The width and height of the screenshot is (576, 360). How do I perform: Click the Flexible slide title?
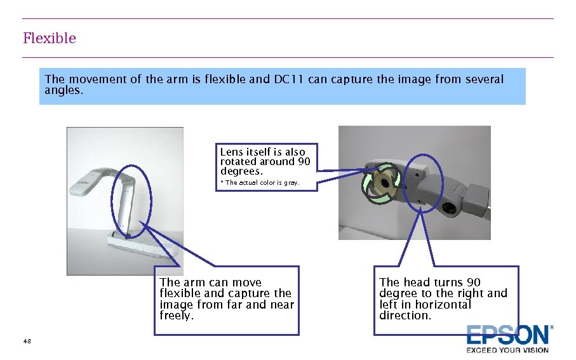click(50, 38)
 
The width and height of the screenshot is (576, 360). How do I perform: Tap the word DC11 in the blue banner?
click(288, 79)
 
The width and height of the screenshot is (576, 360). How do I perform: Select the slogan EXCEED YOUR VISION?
click(507, 350)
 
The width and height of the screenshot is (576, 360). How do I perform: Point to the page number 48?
click(27, 341)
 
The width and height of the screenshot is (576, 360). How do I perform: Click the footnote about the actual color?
click(260, 183)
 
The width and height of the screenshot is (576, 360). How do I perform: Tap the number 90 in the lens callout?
click(304, 162)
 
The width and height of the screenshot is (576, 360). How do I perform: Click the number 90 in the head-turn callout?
click(474, 282)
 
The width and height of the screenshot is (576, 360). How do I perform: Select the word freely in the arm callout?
click(177, 316)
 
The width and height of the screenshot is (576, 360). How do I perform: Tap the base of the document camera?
click(144, 244)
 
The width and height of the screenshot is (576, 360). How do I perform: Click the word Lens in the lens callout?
click(231, 152)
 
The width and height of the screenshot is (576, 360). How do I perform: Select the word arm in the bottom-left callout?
click(194, 283)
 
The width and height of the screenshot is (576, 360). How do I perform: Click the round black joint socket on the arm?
click(448, 208)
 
